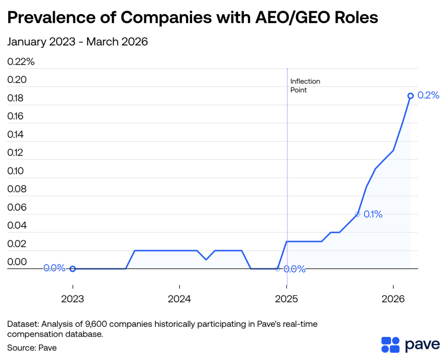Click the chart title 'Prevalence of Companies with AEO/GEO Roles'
coord(193,18)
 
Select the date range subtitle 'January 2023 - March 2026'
coord(78,42)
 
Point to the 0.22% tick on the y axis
coord(21,62)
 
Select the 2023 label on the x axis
coord(73,299)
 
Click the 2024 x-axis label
coord(179,299)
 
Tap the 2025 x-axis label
coord(286,299)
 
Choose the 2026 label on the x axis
coord(393,299)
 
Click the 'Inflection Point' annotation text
coord(305,86)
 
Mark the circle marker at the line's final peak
coord(410,96)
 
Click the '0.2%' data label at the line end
coord(428,96)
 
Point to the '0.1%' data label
coord(373,215)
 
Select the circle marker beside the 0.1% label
coord(358,214)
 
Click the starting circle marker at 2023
coord(73,269)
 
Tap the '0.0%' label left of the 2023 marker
coord(54,268)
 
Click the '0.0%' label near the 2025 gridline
coord(294,269)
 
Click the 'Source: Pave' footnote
coord(32,348)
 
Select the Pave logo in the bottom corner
coord(410,345)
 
